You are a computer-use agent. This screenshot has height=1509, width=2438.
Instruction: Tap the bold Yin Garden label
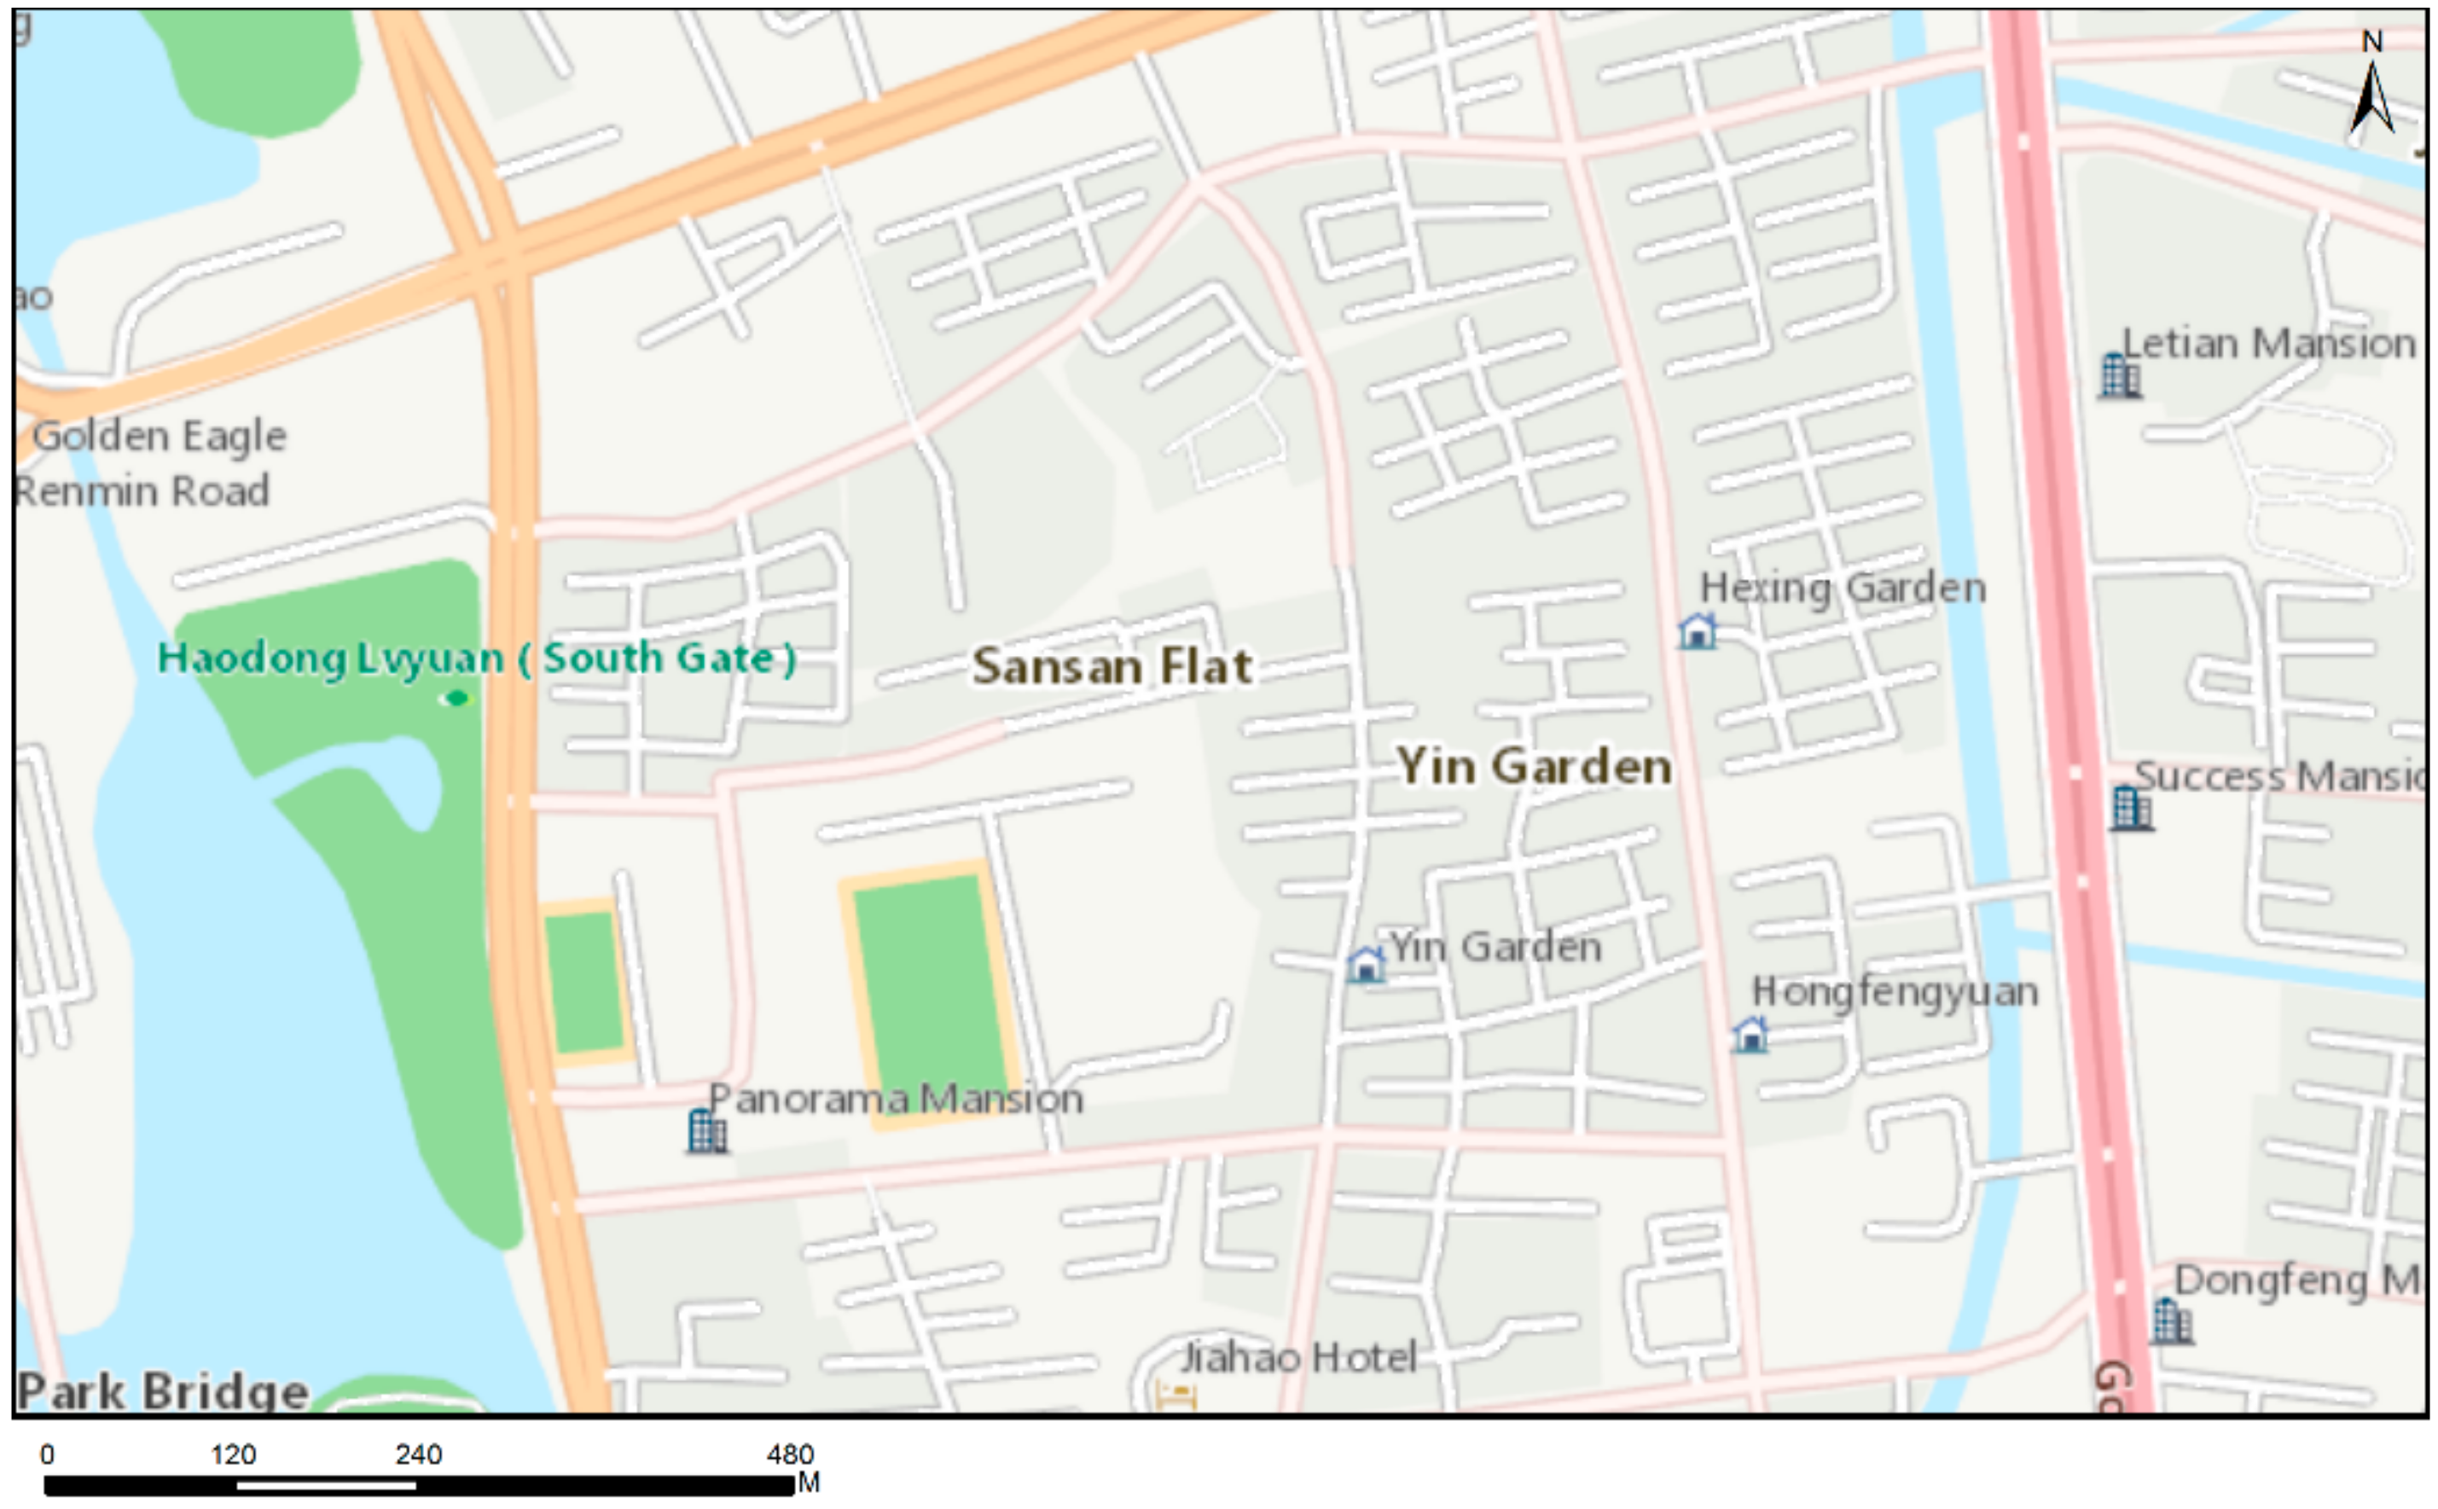click(1534, 767)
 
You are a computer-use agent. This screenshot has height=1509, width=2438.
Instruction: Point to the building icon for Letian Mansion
click(2119, 376)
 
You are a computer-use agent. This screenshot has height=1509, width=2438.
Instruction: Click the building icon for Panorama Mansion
click(706, 1131)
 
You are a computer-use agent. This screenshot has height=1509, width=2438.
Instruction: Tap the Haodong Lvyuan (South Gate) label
click(477, 658)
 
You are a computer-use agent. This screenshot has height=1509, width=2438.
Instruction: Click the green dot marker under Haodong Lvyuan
click(456, 699)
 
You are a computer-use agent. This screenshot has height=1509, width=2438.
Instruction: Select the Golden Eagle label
click(160, 436)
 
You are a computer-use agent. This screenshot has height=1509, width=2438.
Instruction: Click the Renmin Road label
click(142, 491)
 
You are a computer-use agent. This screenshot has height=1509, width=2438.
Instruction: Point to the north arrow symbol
click(2372, 95)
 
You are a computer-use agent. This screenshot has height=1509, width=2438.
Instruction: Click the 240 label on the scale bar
click(418, 1454)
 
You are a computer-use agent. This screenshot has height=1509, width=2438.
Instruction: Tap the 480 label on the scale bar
click(791, 1454)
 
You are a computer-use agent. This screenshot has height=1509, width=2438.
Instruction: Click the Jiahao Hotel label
click(1297, 1357)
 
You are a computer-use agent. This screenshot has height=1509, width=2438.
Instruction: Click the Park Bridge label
click(163, 1390)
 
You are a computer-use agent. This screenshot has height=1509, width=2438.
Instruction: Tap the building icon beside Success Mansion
click(2131, 808)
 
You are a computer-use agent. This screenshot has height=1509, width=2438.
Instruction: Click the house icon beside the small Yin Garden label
click(1365, 964)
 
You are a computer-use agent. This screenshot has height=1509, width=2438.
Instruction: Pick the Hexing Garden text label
click(1843, 588)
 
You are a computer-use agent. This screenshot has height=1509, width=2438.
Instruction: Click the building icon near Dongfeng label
click(2170, 1321)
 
